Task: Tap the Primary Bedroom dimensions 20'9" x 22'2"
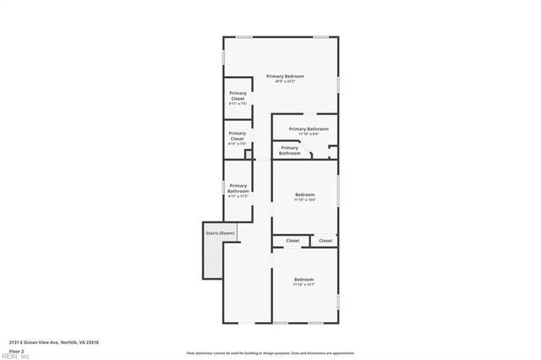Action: [x=285, y=82]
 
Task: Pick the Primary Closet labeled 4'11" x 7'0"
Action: [x=238, y=138]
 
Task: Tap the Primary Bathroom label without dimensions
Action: [x=290, y=150]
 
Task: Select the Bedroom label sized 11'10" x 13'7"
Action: [x=303, y=281]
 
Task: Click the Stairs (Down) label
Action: [x=219, y=233]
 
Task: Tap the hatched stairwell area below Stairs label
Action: [x=211, y=258]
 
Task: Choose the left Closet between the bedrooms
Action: [x=292, y=241]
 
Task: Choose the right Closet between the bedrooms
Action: [x=325, y=241]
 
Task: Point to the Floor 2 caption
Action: [x=16, y=351]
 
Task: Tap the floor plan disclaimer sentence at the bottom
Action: [x=270, y=352]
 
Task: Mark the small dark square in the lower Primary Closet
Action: [x=248, y=155]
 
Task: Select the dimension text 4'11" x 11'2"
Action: [x=238, y=195]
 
